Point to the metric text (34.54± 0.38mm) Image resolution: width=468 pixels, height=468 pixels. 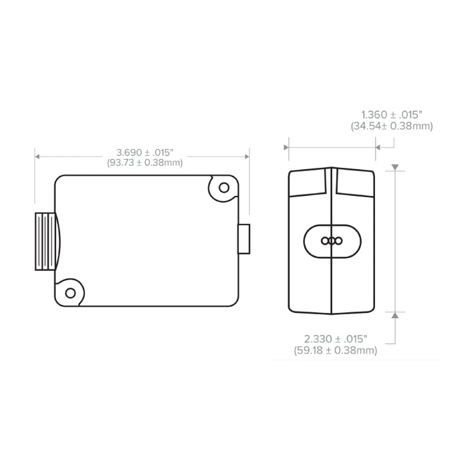[x=392, y=126]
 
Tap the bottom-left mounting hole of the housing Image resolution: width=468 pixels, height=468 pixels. [x=70, y=292]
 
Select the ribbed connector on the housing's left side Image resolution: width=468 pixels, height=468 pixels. [x=45, y=241]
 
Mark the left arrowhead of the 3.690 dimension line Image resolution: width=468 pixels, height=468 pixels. [x=37, y=156]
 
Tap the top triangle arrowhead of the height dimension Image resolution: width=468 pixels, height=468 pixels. [x=396, y=166]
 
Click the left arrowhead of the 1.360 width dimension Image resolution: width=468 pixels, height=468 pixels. [x=289, y=145]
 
